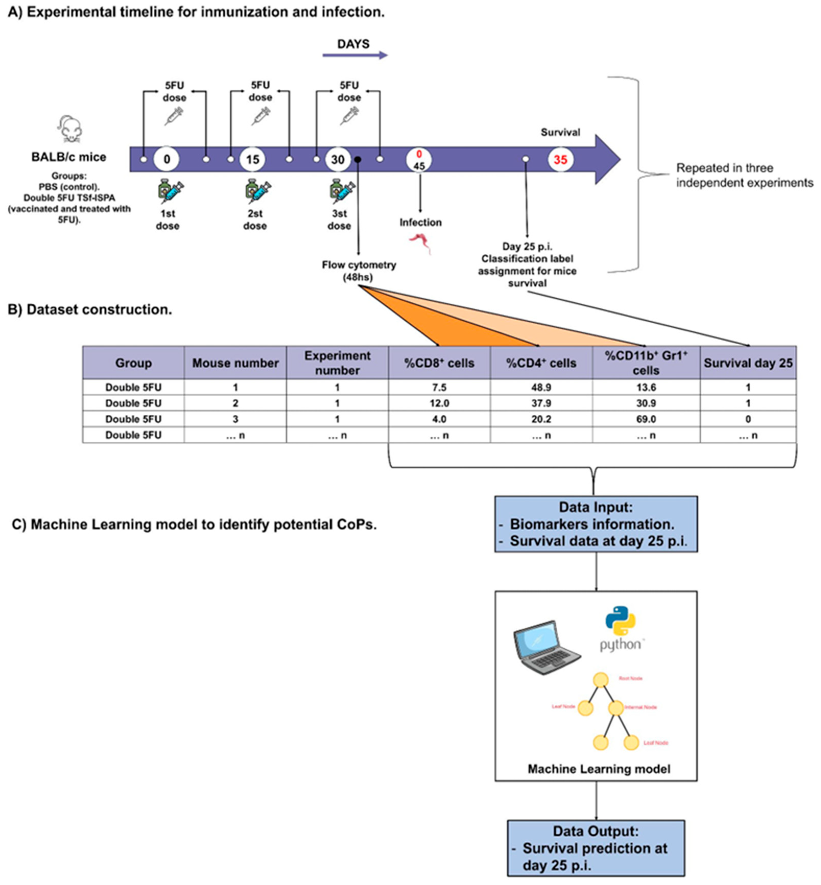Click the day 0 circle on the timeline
(167, 159)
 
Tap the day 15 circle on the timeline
(252, 159)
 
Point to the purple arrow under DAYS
(355, 55)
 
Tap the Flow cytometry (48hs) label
(358, 271)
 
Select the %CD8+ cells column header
(439, 363)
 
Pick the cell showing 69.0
(646, 419)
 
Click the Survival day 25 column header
(748, 363)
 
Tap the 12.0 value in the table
(439, 403)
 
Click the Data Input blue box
(596, 524)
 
